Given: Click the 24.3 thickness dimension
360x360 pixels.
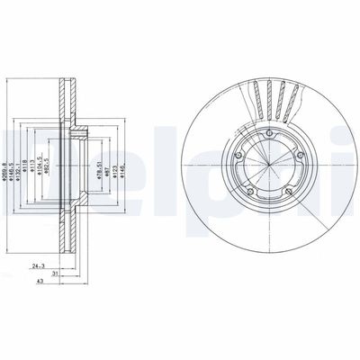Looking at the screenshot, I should [37, 266].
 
